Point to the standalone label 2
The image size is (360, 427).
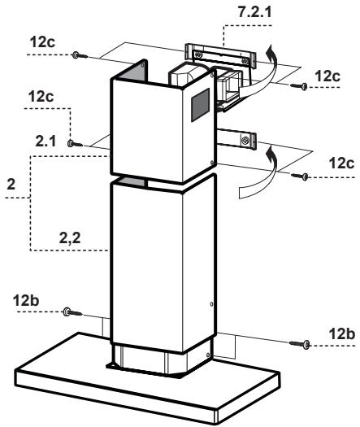pos(11,185)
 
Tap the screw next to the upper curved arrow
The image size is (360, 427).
pos(301,86)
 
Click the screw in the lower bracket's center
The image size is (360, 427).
pos(242,141)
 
